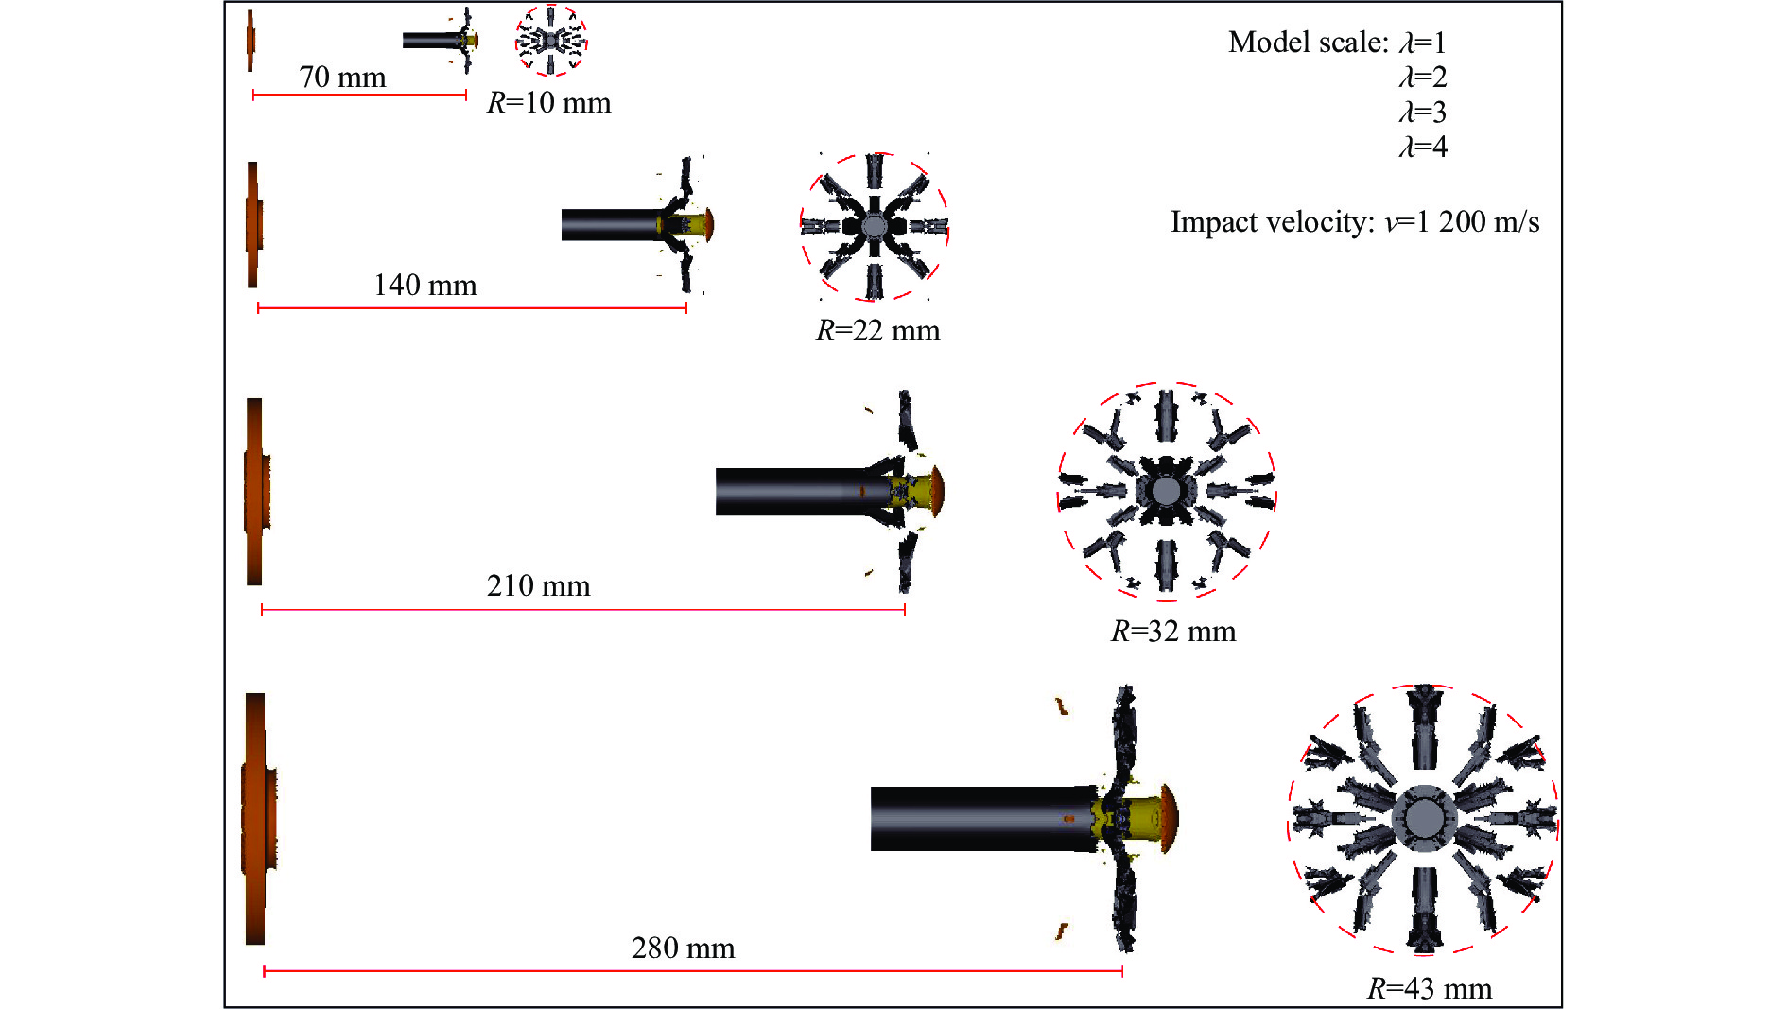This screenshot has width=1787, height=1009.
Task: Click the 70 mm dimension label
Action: pos(342,78)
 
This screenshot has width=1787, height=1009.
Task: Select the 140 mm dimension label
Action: pos(425,286)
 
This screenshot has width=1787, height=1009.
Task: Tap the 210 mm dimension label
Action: pos(538,586)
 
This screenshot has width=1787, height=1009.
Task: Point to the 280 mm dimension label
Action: pos(683,948)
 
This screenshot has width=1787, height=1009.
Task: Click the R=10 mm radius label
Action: pos(548,103)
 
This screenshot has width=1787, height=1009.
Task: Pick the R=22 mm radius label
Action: pos(877,331)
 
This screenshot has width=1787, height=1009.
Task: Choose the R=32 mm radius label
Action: pos(1172,632)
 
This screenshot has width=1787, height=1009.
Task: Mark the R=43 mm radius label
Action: pos(1429,989)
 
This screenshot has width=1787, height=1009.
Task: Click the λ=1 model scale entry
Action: pos(1422,43)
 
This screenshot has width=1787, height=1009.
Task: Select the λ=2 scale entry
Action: pos(1422,78)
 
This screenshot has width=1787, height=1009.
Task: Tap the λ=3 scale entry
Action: pos(1422,113)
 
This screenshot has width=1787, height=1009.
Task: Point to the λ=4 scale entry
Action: pos(1422,148)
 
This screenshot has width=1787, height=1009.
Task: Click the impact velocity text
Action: pos(1354,222)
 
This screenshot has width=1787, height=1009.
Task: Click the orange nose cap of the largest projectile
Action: pos(1169,817)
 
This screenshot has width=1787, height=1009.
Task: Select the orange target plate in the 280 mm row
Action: pos(256,819)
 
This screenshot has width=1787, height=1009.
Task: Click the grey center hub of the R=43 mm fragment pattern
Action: pos(1424,817)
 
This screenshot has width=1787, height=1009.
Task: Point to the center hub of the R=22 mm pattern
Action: pos(875,226)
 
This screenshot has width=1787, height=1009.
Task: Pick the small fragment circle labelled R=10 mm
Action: pos(551,41)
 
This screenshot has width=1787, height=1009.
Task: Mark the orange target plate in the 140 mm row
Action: pos(252,225)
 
